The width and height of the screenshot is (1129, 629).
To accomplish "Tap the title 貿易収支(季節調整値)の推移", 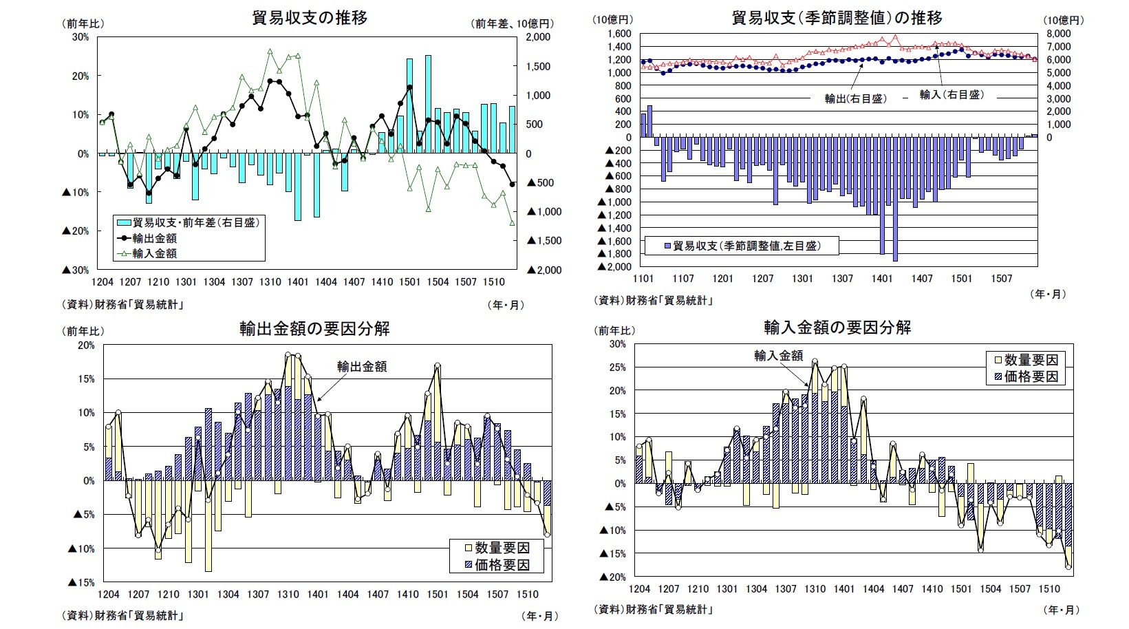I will [837, 17].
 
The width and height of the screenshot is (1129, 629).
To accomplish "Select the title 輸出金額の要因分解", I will [314, 328].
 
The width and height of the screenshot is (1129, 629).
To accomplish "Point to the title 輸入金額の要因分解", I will [837, 327].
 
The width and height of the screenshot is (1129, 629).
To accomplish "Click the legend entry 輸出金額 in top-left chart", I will [154, 238].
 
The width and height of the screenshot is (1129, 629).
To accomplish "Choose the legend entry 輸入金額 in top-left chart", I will [154, 253].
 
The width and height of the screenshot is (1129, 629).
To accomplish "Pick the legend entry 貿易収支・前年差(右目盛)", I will [195, 222].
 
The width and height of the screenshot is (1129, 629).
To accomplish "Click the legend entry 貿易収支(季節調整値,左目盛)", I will [746, 245].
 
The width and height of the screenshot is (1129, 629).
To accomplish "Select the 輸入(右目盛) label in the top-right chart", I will [951, 94].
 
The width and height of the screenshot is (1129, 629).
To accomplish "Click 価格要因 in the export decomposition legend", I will [502, 564].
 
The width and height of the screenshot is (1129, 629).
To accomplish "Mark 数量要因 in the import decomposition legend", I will [1031, 359].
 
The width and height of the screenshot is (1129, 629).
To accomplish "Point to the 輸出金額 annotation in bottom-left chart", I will [362, 366].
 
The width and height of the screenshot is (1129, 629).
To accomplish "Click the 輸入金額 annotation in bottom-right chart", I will [778, 355].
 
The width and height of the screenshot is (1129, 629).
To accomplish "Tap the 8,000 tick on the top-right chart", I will [1059, 34].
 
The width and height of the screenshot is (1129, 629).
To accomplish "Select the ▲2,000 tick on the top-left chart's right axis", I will [544, 270].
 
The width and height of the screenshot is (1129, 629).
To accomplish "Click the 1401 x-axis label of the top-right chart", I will [882, 279].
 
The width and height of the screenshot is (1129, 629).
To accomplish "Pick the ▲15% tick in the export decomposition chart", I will [81, 582].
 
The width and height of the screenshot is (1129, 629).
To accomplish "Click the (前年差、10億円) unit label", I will [513, 23].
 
